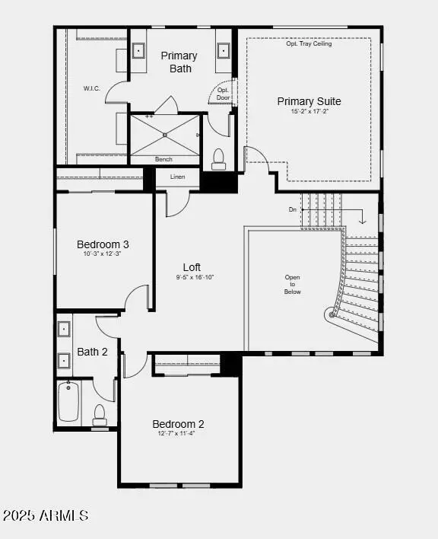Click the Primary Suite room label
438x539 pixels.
[309, 101]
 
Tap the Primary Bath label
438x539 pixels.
[179, 62]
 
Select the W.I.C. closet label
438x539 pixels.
[92, 88]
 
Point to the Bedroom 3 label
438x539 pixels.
[103, 244]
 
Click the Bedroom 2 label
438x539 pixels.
[178, 424]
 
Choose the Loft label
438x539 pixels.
[192, 267]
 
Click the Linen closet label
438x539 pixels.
[176, 177]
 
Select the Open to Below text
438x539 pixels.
[293, 285]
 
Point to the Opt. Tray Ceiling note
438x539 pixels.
[309, 43]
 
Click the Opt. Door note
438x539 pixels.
[222, 93]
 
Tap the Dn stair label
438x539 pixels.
[293, 209]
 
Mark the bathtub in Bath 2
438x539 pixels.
[69, 402]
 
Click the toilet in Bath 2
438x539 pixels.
[99, 414]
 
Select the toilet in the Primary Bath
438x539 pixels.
[219, 158]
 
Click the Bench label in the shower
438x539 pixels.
[163, 159]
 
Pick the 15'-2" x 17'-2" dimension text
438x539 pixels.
[309, 112]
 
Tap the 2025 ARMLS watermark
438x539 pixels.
[46, 515]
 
